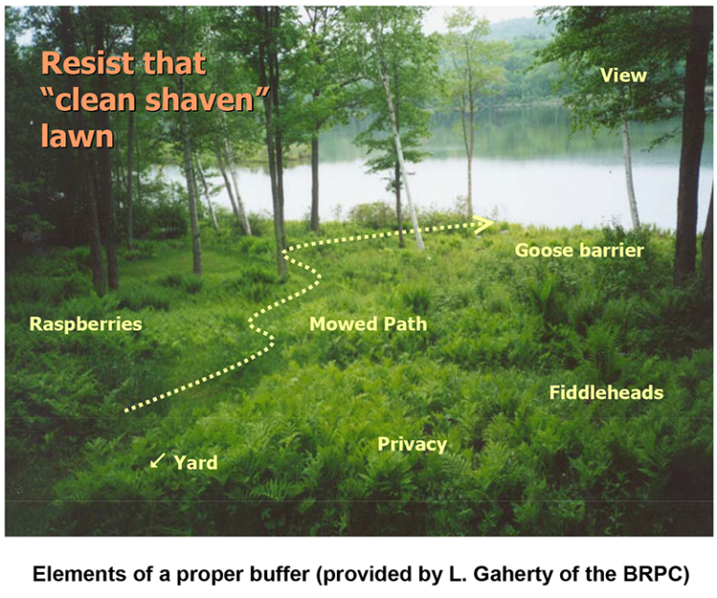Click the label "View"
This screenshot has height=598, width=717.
click(x=623, y=76)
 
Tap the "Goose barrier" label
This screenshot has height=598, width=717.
click(x=580, y=250)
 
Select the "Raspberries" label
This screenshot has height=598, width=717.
click(x=85, y=325)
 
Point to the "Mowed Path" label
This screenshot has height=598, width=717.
click(x=368, y=325)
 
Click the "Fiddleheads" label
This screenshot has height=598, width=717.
click(x=606, y=392)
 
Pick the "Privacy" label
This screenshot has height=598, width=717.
click(x=412, y=444)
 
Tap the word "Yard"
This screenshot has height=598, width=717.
click(x=195, y=463)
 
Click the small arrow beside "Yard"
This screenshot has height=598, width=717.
click(x=157, y=461)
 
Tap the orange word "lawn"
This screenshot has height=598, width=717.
click(x=77, y=136)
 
